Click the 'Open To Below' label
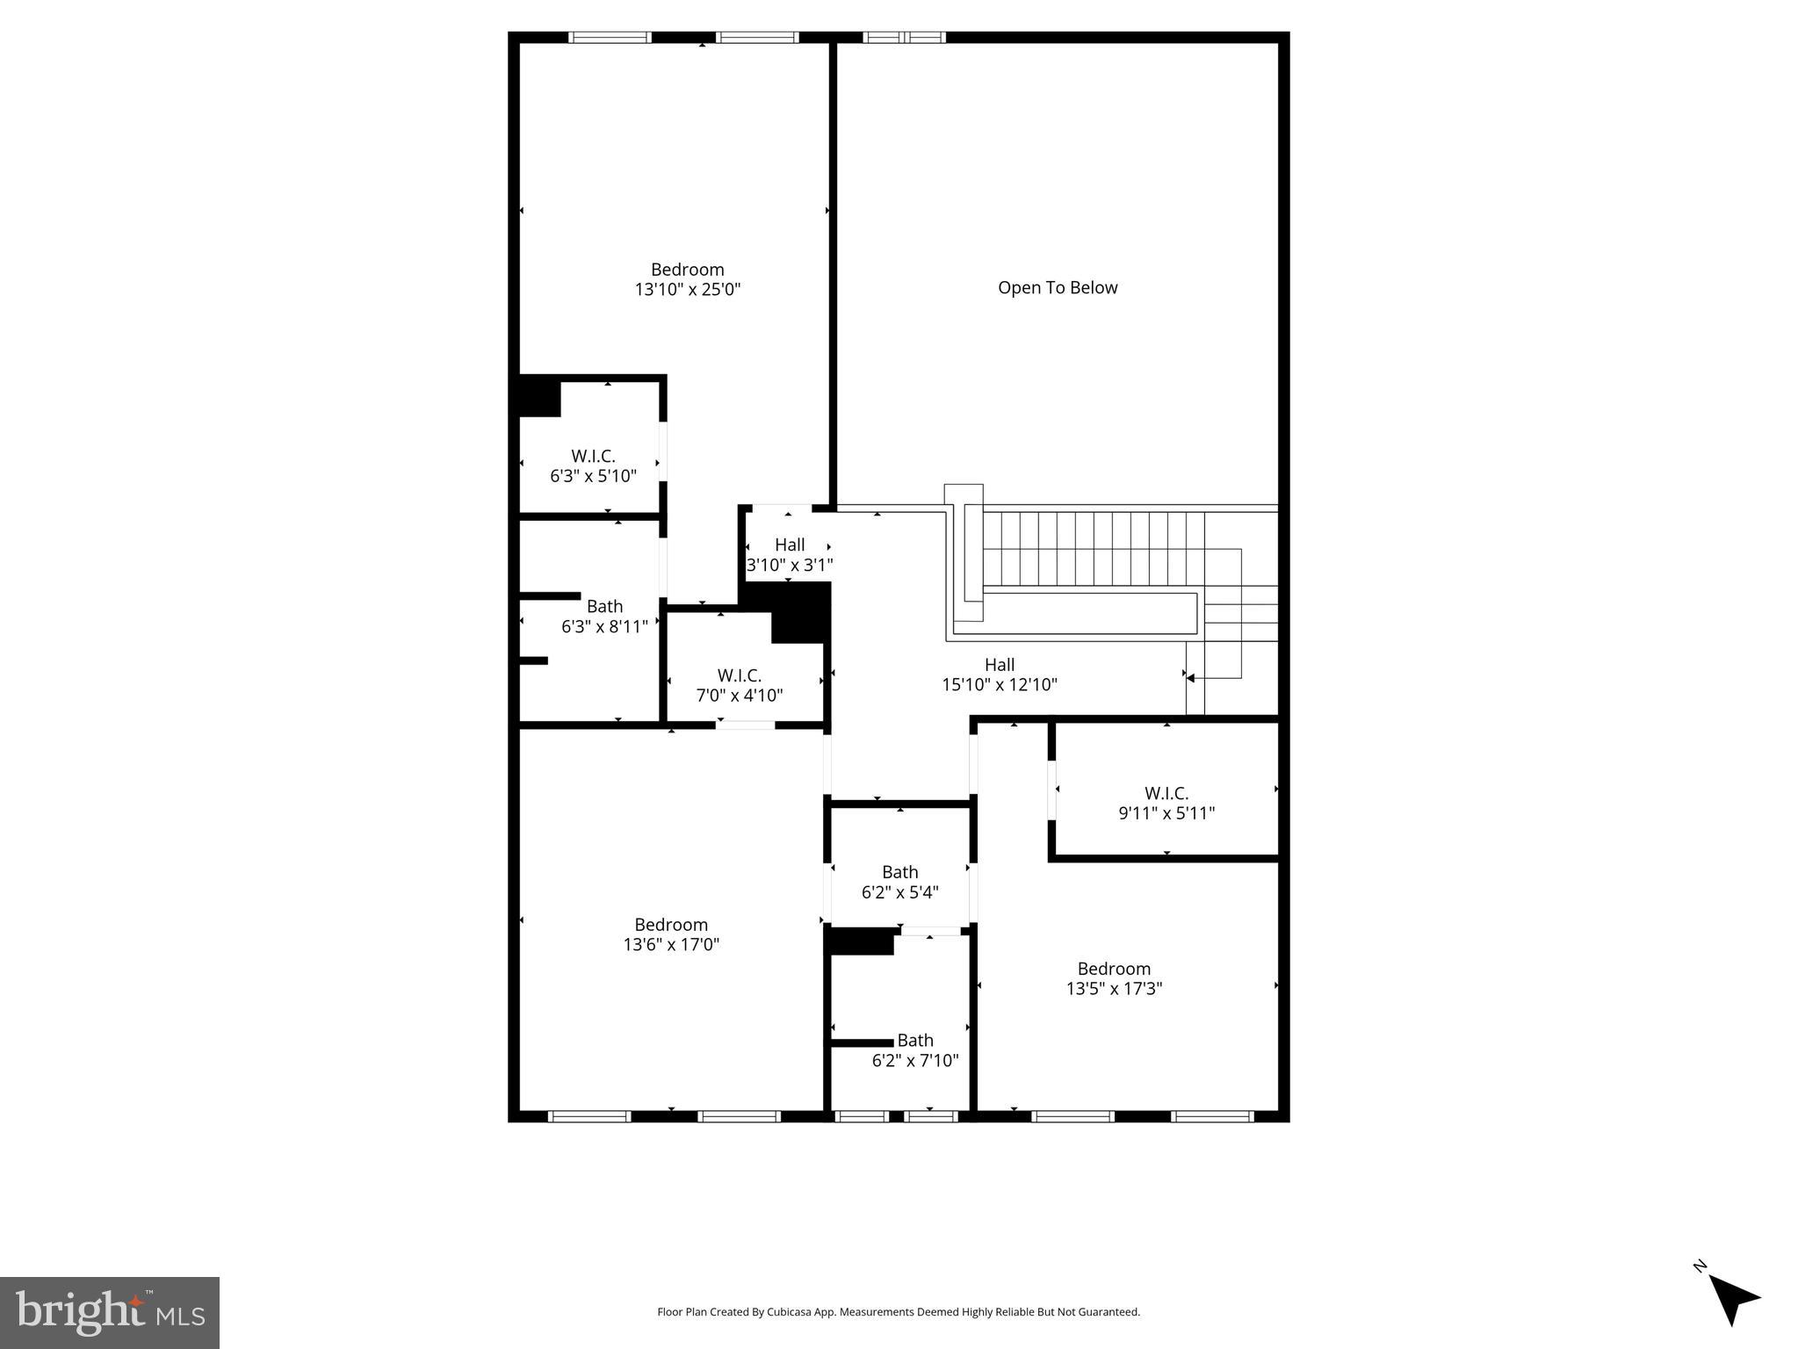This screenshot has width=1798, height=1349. point(1058,288)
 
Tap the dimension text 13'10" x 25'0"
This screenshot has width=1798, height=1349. point(688,290)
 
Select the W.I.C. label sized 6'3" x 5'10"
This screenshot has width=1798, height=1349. point(593,465)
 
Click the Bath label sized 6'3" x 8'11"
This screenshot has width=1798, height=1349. point(604,617)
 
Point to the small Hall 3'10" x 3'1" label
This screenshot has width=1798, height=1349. point(789,555)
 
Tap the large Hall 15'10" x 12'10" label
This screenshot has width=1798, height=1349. point(1000,674)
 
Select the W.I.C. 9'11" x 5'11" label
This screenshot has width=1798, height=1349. point(1166,804)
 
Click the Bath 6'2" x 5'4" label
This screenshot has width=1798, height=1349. point(899,882)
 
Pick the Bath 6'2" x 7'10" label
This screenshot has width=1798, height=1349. point(914,1050)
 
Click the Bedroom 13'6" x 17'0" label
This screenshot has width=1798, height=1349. point(671,934)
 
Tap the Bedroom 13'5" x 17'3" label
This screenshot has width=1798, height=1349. point(1114,978)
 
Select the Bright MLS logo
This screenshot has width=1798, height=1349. point(110,1312)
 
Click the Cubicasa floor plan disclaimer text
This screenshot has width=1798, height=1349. point(899,1312)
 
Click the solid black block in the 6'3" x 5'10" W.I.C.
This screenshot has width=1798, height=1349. point(540,397)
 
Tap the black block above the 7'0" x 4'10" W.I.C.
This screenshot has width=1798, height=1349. point(799,613)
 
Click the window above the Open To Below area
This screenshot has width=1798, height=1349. point(904,38)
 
